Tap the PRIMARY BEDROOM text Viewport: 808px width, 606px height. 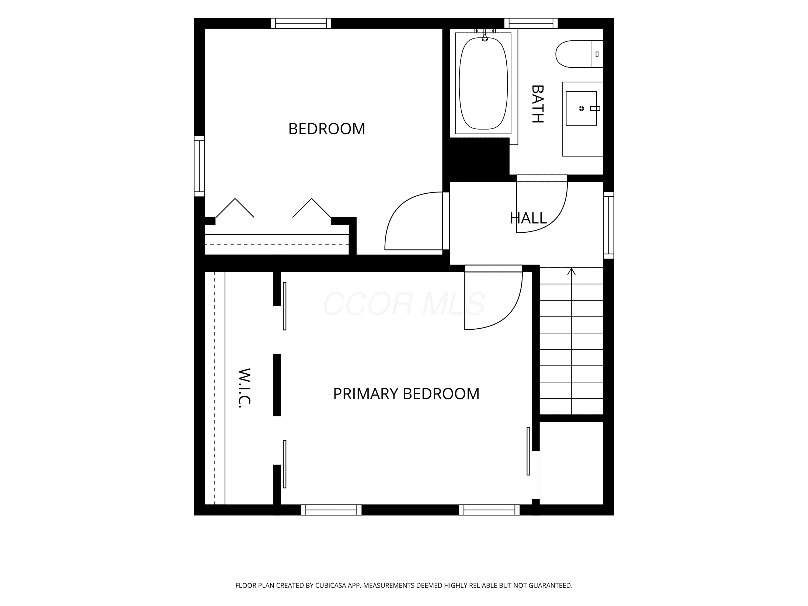(406, 394)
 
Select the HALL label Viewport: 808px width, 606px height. (528, 218)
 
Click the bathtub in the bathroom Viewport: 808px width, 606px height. (483, 83)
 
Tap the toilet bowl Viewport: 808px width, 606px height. (573, 54)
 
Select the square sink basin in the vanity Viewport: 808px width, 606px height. (581, 109)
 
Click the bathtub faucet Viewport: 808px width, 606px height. (485, 36)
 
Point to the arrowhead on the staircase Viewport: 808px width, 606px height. (571, 271)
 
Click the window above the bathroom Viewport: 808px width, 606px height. (531, 23)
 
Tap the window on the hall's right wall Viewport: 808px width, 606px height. (608, 225)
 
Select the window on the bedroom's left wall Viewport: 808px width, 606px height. (199, 166)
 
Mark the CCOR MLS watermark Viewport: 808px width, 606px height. (404, 304)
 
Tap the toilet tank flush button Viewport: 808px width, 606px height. (597, 54)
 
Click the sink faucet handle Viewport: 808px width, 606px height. (595, 109)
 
